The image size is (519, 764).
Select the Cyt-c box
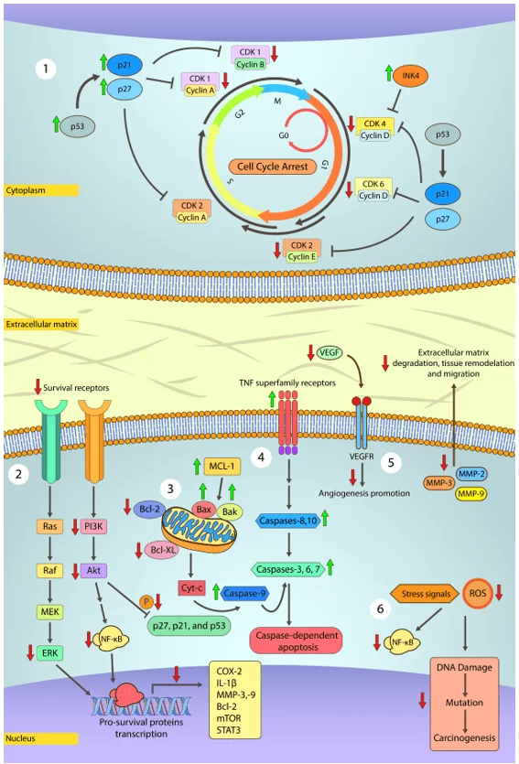pyautogui.click(x=191, y=587)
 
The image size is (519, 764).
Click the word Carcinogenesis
pyautogui.click(x=470, y=736)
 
